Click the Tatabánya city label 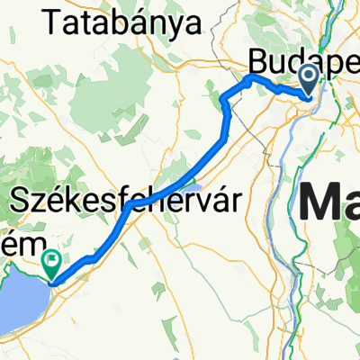[120, 24]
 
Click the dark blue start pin [309, 79]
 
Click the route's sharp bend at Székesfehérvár [131, 205]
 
